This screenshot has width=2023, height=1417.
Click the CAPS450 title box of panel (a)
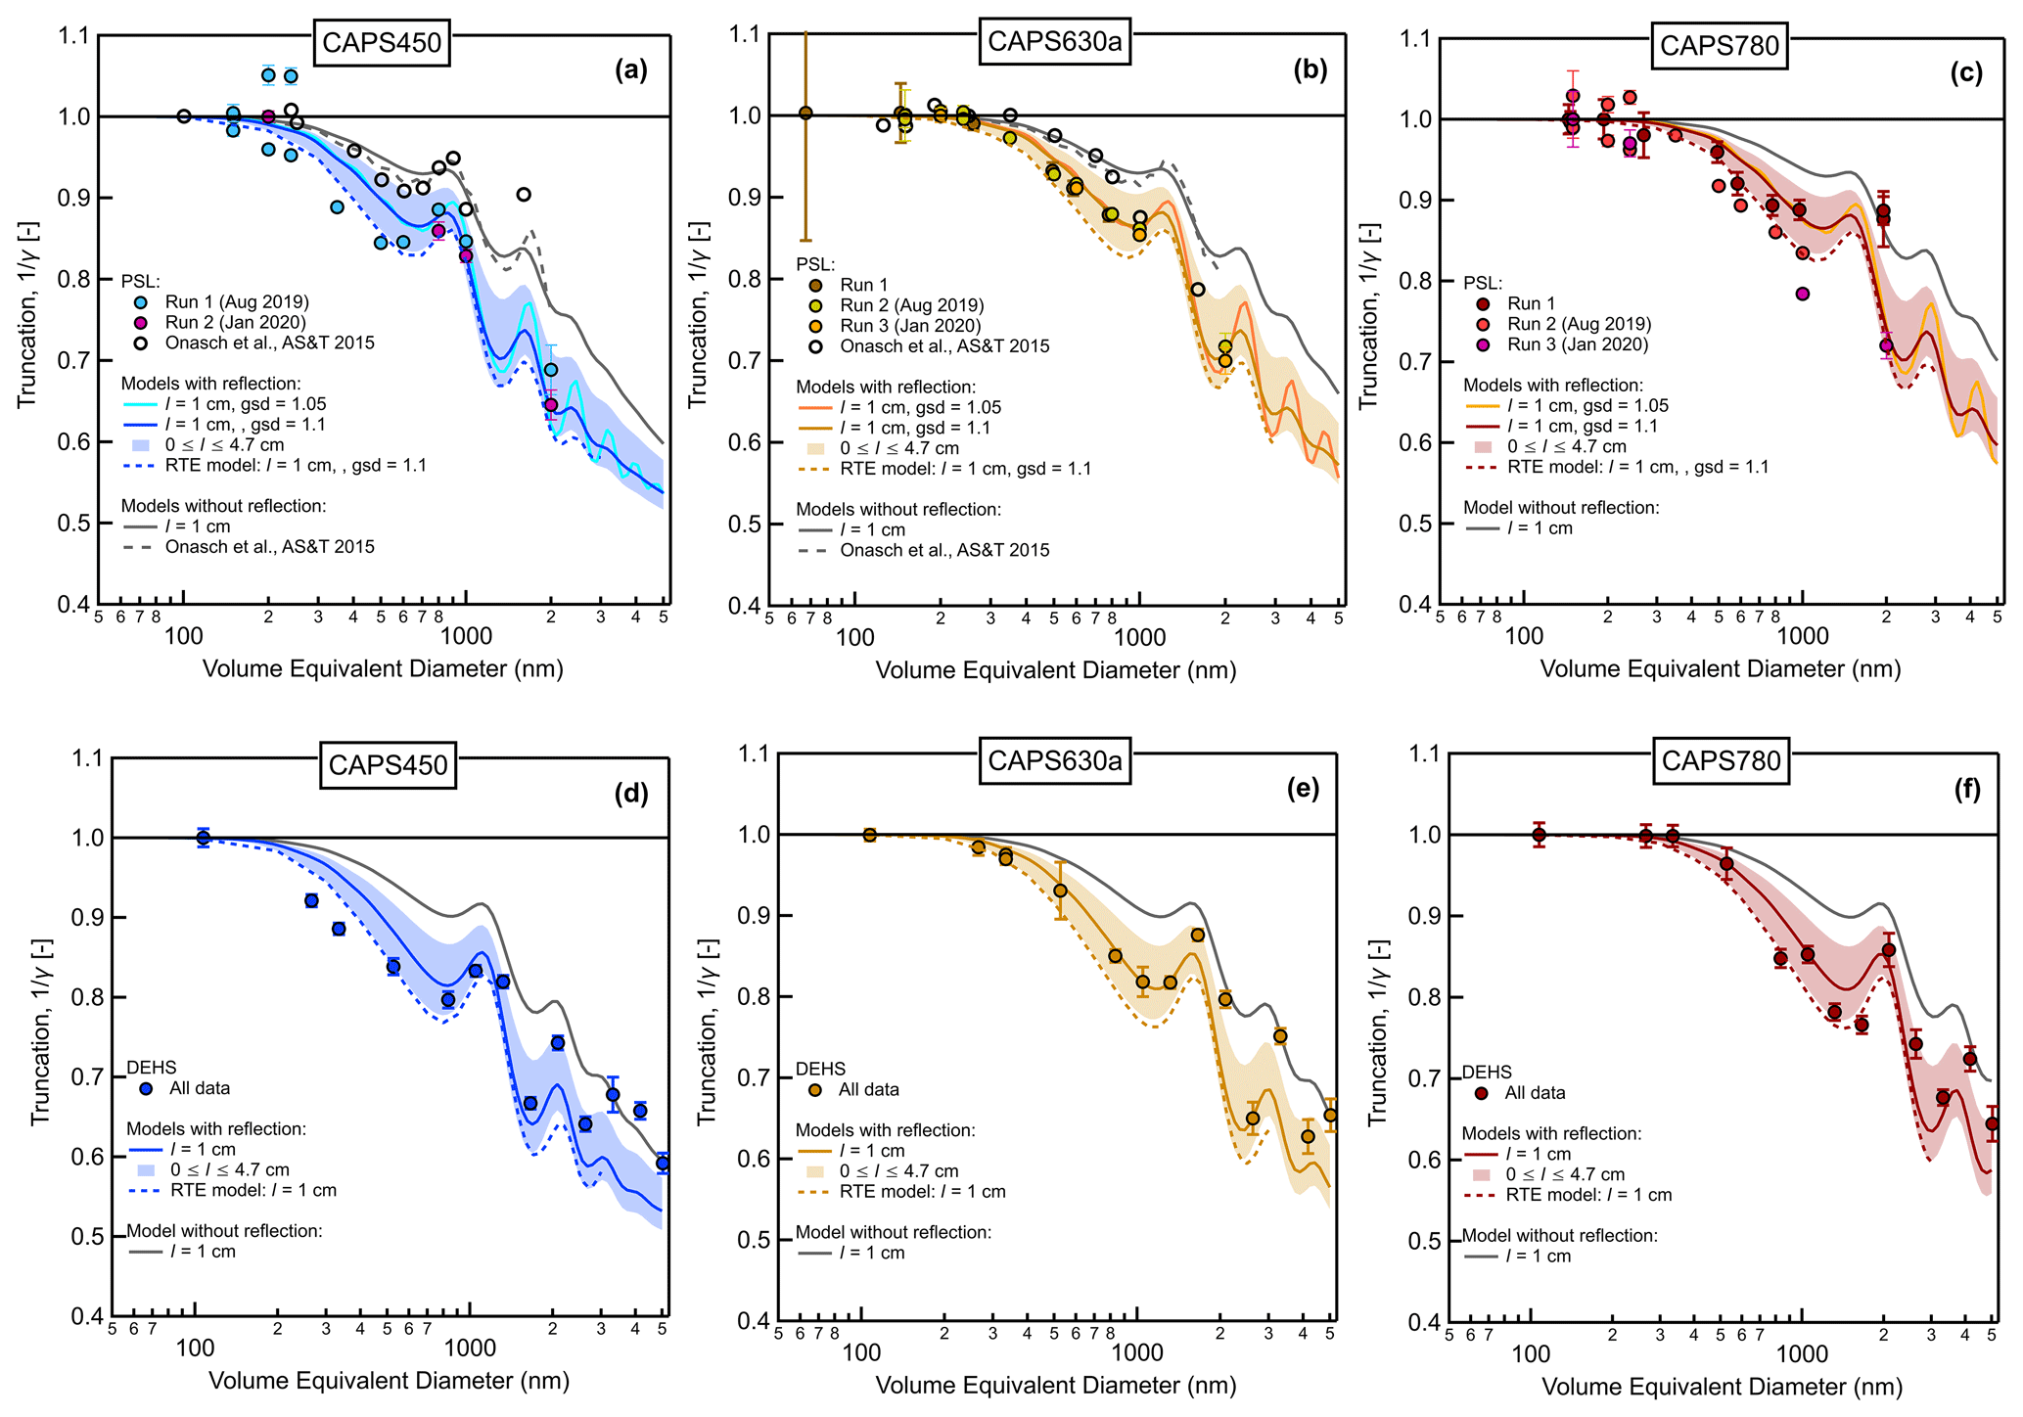pos(382,44)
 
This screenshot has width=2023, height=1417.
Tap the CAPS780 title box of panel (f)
pos(1721,760)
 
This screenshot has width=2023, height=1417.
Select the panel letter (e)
pos(1302,789)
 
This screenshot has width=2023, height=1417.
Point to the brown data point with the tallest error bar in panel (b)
pos(805,113)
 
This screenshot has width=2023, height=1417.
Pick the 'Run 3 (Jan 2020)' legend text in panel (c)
pos(1578,344)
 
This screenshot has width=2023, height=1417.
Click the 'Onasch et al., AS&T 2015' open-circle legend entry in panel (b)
pos(943,346)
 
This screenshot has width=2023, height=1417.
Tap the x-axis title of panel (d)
pos(389,1381)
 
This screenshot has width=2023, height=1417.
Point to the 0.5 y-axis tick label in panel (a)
pos(73,524)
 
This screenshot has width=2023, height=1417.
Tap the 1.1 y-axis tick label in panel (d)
pos(87,758)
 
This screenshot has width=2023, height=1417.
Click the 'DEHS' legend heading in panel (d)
pos(152,1068)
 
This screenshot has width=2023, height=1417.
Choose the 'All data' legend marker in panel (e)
pos(814,1090)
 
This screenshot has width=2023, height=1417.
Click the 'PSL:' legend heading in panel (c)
pos(1482,284)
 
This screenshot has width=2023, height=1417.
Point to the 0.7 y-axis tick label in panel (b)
pos(747,361)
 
